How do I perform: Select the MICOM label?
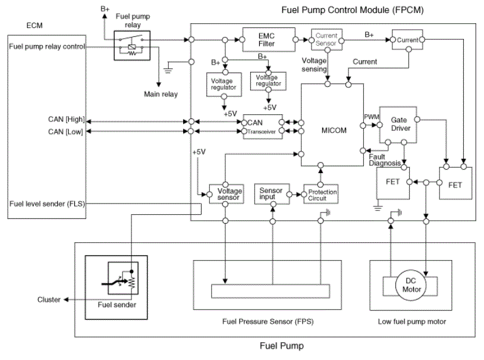[x=334, y=130]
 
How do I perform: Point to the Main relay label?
[x=161, y=94]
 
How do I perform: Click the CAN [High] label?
[x=66, y=119]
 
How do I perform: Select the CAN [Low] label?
[x=65, y=132]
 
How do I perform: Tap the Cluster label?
[x=49, y=299]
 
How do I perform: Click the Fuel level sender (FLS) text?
[x=47, y=204]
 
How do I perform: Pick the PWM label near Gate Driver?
[x=372, y=117]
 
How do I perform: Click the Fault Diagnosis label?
[x=385, y=160]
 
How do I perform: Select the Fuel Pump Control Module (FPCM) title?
[x=352, y=10]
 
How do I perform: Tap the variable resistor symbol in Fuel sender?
[x=133, y=281]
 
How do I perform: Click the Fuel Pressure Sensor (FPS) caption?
[x=268, y=322]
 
